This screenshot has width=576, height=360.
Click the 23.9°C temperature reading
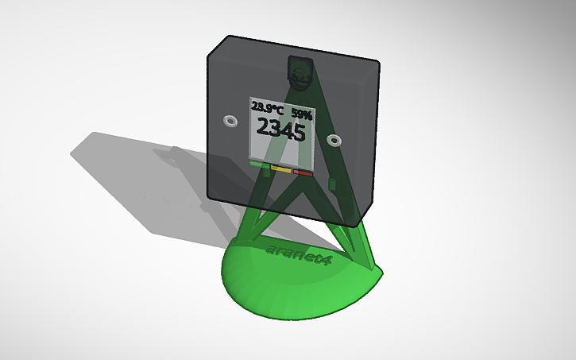coord(267,107)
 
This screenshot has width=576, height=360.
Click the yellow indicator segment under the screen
coord(280,168)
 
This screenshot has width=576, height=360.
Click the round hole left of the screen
coord(230,121)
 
